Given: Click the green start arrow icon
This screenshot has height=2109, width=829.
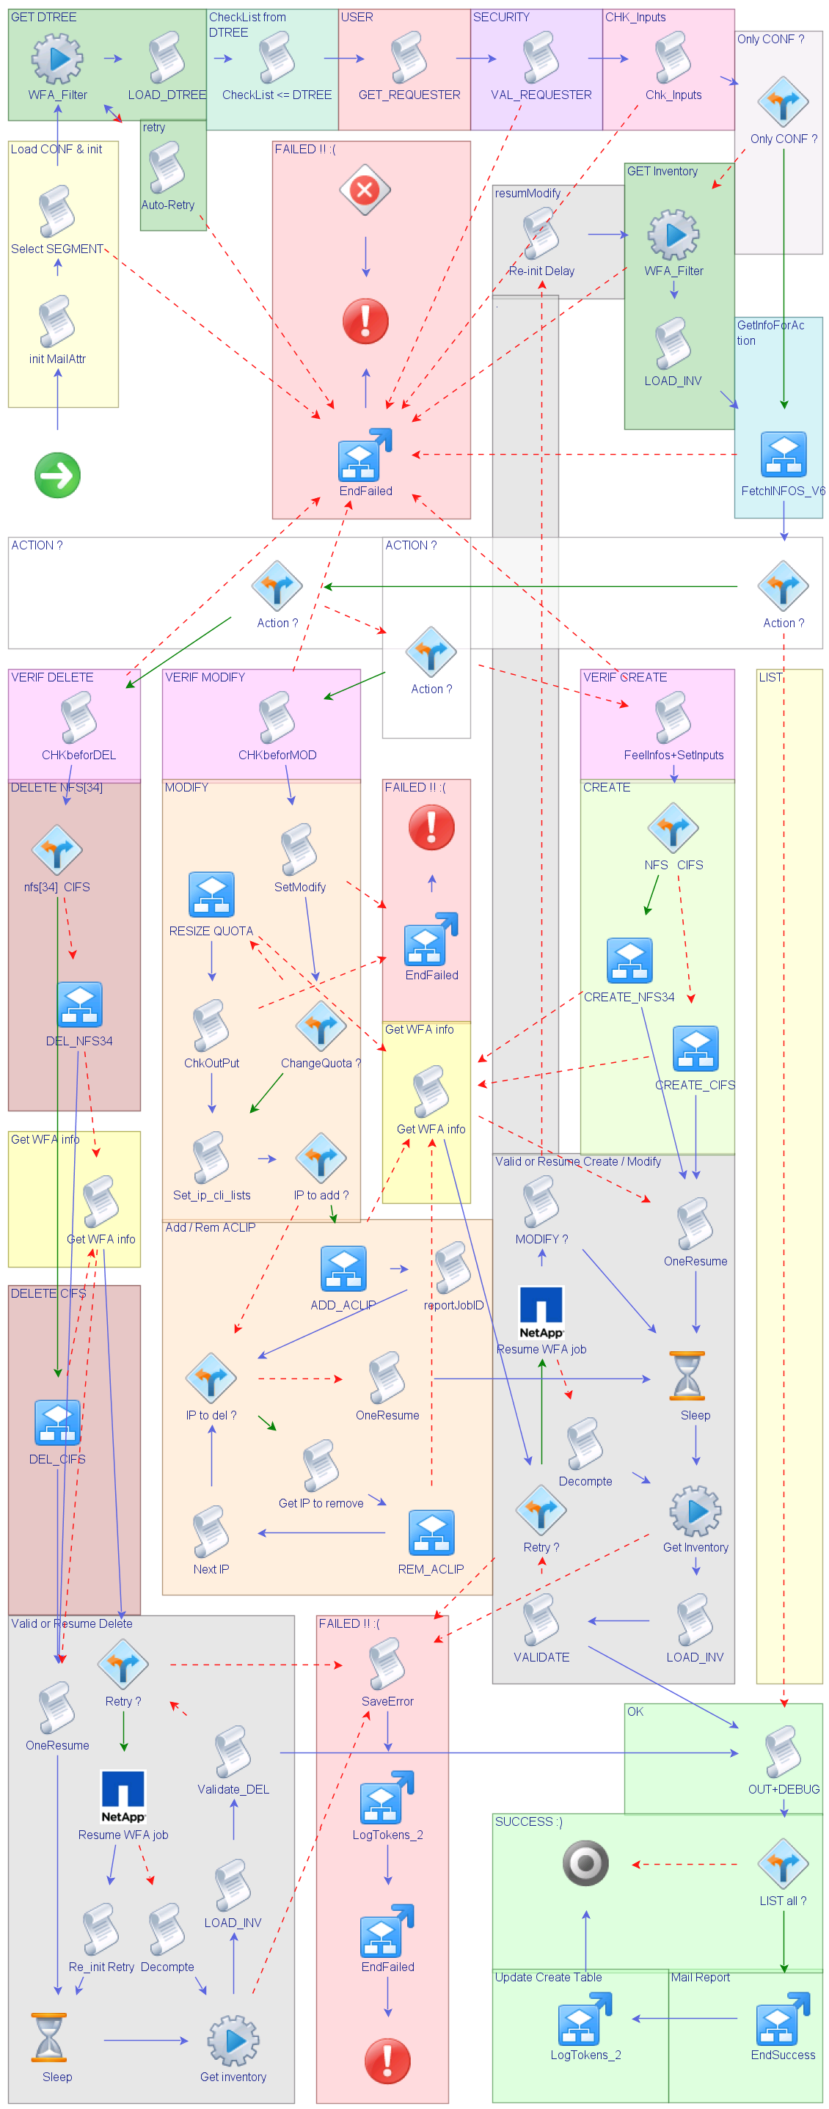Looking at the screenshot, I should coord(57,475).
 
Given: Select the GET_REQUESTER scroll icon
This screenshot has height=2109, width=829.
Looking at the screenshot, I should coord(409,57).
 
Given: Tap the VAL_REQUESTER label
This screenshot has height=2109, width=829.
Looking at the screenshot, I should coord(541,95).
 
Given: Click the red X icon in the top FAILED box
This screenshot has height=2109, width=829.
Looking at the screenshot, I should coord(365,190).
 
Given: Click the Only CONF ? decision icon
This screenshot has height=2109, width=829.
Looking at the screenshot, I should coord(783,101).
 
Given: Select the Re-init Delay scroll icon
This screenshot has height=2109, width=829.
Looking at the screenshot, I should coord(541,233).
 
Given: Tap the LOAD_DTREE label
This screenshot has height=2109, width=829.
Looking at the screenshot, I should coord(167,95).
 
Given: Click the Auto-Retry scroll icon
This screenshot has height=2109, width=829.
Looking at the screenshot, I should coord(167,168).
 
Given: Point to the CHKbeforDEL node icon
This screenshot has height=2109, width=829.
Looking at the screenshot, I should coord(78,717).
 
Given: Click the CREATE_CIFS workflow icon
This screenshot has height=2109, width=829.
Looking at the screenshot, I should coord(695,1048).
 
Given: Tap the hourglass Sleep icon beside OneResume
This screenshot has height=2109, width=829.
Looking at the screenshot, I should coord(687,1376).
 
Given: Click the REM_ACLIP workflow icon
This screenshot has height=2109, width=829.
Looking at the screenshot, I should coord(431,1532).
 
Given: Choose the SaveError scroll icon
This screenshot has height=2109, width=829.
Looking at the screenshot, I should coord(387,1664).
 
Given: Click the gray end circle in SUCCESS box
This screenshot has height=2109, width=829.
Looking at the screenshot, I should coord(585,1863).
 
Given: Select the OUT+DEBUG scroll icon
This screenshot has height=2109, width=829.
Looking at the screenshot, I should coord(782,1752).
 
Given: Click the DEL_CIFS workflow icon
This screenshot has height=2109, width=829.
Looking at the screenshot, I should coord(57,1422).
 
